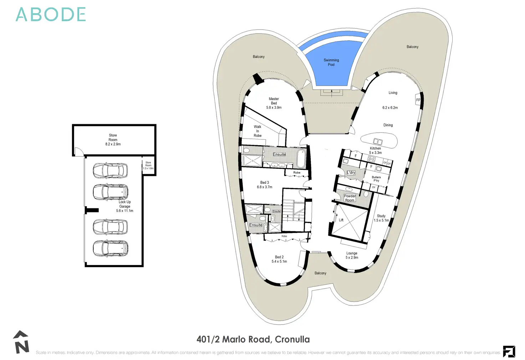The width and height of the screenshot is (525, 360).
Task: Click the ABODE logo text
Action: (x=51, y=15)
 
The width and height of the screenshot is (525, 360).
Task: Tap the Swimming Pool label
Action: (x=331, y=62)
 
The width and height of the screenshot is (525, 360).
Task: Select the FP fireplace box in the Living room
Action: (x=418, y=100)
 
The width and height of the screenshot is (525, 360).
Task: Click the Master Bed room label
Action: (x=274, y=101)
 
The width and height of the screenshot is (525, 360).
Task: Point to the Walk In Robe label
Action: (x=258, y=131)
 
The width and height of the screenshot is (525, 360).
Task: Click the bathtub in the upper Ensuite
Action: (x=301, y=159)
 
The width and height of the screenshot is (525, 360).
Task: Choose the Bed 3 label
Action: (x=265, y=183)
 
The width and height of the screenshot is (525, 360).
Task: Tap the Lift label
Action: (x=341, y=220)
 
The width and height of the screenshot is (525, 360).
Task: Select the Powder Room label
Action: (x=350, y=198)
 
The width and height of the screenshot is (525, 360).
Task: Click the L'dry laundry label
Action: (x=351, y=173)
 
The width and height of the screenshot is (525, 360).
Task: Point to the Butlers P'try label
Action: (x=376, y=179)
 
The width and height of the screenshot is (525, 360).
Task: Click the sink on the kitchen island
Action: (x=377, y=142)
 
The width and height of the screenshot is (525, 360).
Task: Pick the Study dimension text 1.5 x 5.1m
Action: (x=381, y=220)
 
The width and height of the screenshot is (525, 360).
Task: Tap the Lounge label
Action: (x=352, y=253)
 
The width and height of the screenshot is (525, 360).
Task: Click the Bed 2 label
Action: (x=279, y=257)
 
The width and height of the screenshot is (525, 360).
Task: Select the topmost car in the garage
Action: (x=110, y=171)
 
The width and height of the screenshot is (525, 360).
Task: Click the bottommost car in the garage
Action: (x=110, y=248)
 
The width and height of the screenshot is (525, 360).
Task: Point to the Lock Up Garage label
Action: (x=125, y=204)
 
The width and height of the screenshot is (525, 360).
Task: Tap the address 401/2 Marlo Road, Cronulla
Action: (x=253, y=339)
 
